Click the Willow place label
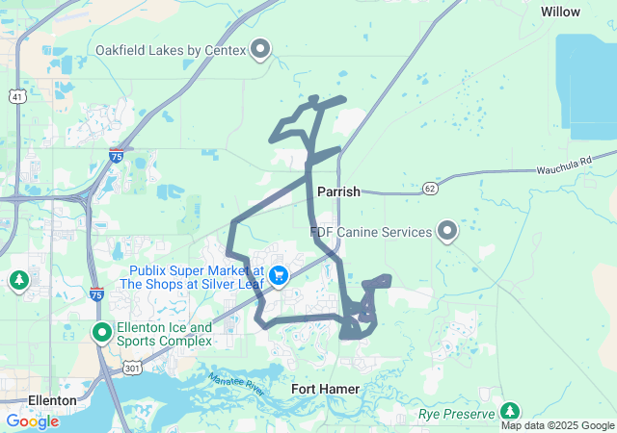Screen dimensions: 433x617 click(560, 12)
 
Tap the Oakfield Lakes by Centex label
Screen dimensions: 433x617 click(172, 49)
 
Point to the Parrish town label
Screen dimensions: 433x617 click(337, 191)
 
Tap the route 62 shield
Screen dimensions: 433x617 click(430, 187)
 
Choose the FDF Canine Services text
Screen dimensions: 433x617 click(370, 232)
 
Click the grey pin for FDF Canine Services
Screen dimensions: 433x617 click(447, 231)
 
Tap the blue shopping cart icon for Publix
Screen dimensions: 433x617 click(280, 276)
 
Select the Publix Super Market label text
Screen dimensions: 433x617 click(193, 276)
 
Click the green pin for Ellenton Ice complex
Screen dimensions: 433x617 click(102, 333)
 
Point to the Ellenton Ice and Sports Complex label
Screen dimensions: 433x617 click(163, 334)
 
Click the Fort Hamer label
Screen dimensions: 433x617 click(326, 389)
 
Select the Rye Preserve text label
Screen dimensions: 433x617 click(456, 415)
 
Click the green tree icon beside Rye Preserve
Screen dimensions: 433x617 click(510, 412)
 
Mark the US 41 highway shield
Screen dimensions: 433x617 click(16, 97)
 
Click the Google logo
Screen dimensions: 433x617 click(32, 421)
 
